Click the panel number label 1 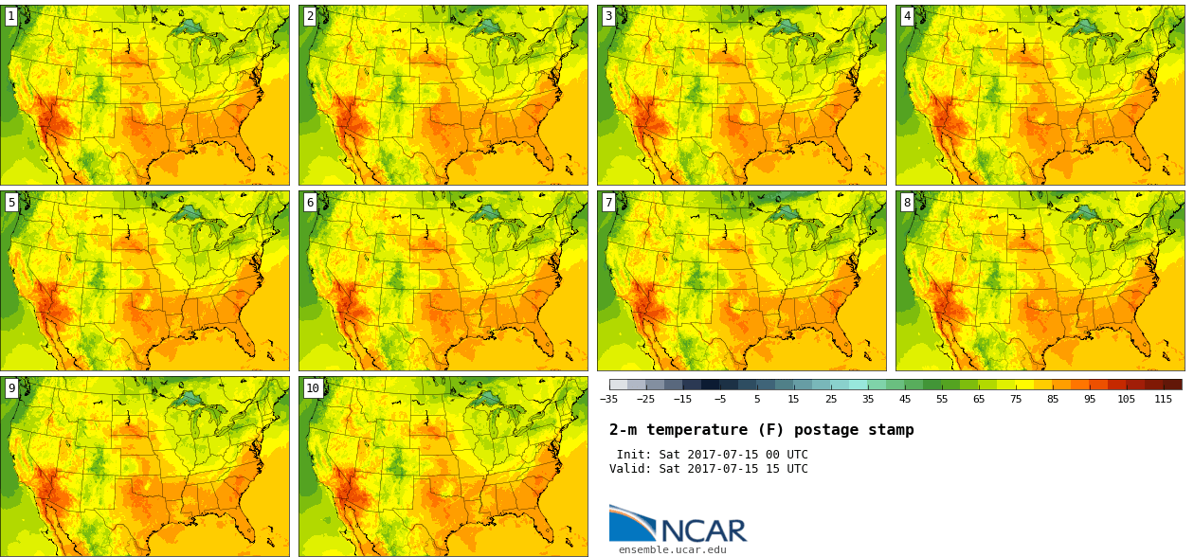click(x=11, y=16)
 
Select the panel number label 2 click(x=310, y=16)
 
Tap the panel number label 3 click(x=608, y=16)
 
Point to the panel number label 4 click(x=907, y=16)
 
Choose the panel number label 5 click(x=11, y=202)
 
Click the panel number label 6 click(x=310, y=202)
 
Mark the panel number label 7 click(x=608, y=202)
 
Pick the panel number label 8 click(x=907, y=202)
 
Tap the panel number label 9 click(x=11, y=387)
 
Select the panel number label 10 click(x=313, y=387)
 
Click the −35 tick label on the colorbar click(x=608, y=400)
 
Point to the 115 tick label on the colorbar click(x=1163, y=400)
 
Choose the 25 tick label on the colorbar click(x=831, y=400)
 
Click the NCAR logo click(x=678, y=525)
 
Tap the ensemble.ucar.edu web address click(x=673, y=549)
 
